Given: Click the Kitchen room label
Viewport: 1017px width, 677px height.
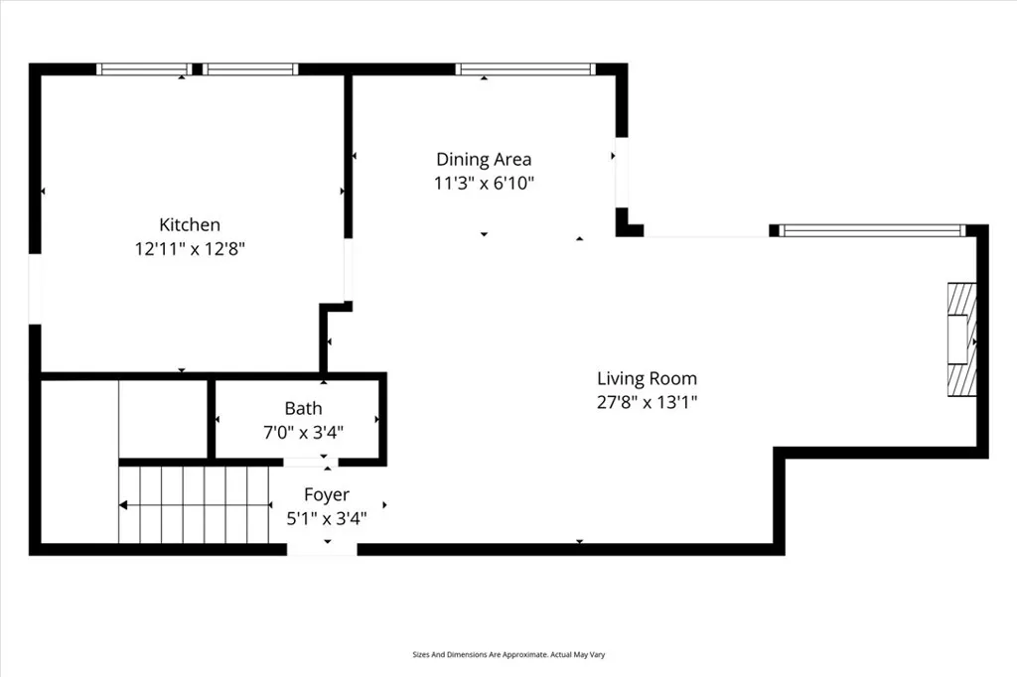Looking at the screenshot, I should [x=190, y=225].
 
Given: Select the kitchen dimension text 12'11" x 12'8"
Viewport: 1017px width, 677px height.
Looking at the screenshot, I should [x=190, y=249].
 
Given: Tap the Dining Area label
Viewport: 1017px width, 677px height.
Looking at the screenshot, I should [x=484, y=159].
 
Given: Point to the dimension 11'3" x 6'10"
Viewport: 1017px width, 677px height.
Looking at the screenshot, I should [x=484, y=183].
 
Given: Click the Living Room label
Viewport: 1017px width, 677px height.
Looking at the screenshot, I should [x=647, y=378].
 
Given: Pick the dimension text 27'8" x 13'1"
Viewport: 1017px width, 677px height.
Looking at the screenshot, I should [x=647, y=402].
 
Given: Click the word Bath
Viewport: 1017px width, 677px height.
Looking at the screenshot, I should [x=303, y=408].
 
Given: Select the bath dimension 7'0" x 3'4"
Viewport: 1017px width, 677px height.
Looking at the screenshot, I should [x=303, y=432].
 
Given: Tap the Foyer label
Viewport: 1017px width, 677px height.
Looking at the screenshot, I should [x=326, y=494].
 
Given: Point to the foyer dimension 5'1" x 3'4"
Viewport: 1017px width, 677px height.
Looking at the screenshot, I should [x=326, y=517].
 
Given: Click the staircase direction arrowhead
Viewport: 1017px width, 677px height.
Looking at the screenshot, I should [x=123, y=505].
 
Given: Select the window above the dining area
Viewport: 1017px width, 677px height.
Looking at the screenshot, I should [x=525, y=69].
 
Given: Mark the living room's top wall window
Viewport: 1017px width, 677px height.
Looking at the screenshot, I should [x=872, y=231].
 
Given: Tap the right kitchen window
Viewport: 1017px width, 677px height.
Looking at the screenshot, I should [x=250, y=69].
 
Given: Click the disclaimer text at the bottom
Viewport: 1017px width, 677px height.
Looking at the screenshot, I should [x=508, y=655].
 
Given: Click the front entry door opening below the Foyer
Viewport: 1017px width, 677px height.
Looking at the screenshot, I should [x=322, y=549].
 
